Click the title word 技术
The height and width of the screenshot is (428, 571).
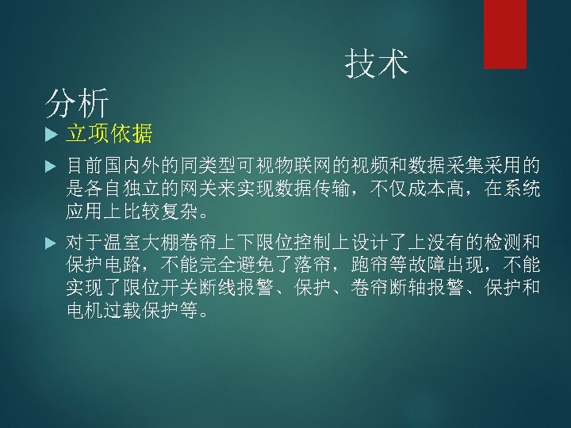[377, 64]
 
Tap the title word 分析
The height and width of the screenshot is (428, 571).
[76, 102]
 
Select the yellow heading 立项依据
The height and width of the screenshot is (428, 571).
[109, 134]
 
